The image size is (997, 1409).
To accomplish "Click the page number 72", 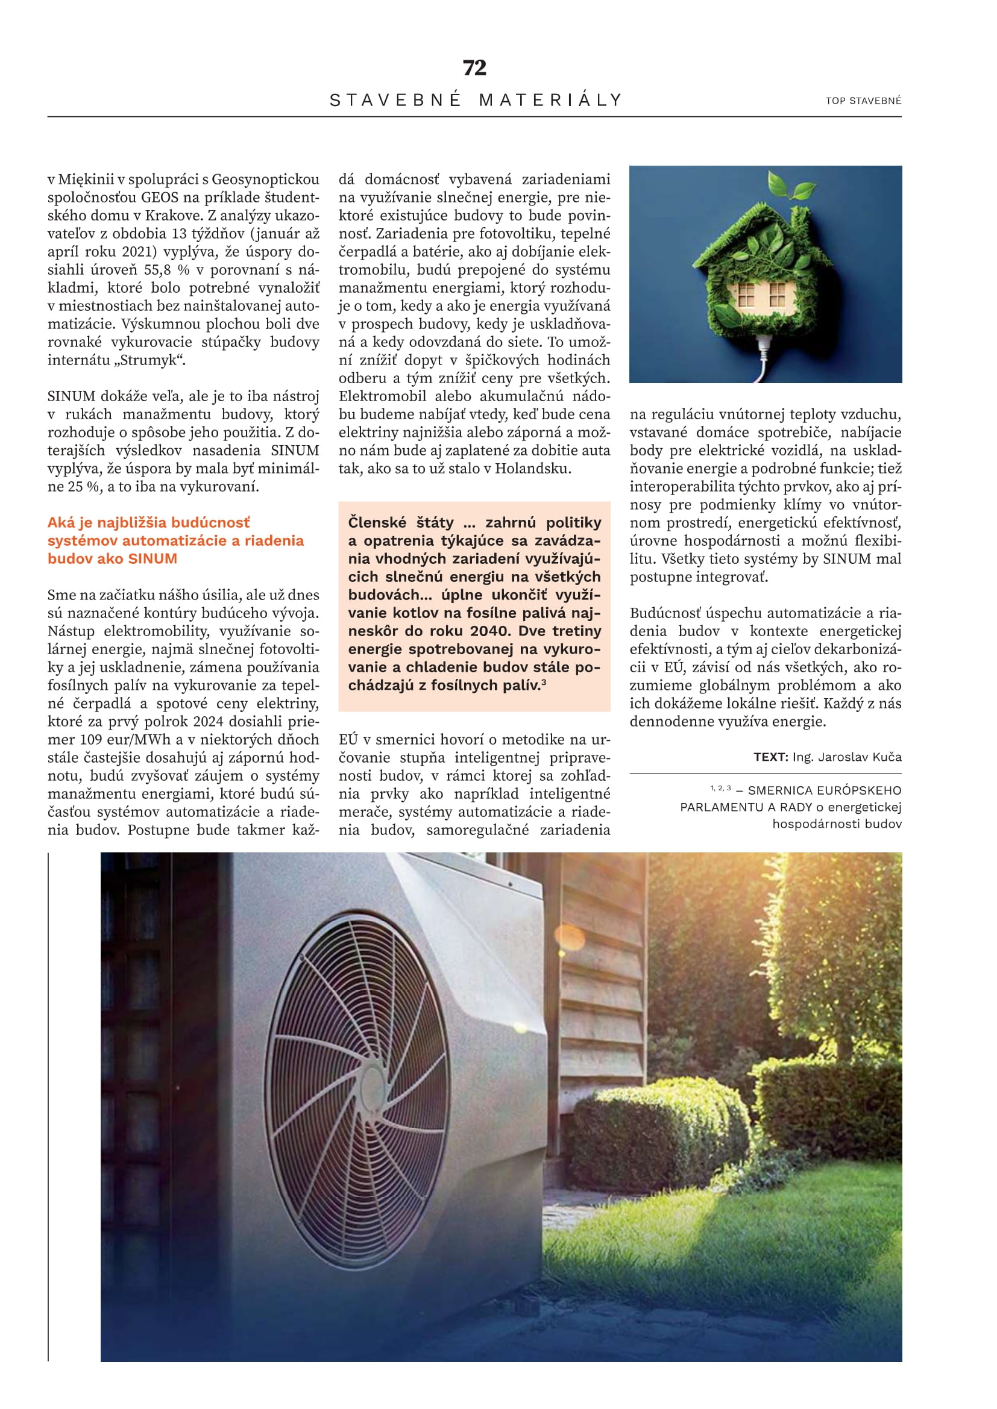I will [x=474, y=67].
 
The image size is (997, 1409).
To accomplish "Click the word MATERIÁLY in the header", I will [x=551, y=100].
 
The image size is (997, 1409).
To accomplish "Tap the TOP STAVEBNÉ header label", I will [x=863, y=101].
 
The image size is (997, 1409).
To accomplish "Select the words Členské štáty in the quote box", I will [x=400, y=523].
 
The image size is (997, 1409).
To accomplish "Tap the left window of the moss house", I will [x=746, y=295].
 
